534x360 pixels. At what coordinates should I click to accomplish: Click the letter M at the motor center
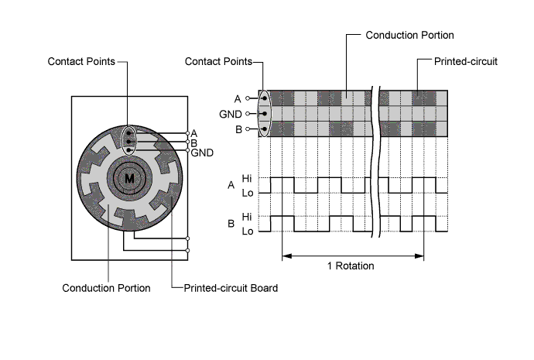pyautogui.click(x=129, y=178)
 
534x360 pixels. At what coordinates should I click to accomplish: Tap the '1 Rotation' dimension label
pyautogui.click(x=351, y=266)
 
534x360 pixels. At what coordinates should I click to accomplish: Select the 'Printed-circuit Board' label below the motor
pyautogui.click(x=231, y=288)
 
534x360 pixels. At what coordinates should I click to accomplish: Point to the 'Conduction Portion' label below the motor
pyautogui.click(x=106, y=288)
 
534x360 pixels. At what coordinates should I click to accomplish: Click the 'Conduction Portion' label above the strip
pyautogui.click(x=409, y=35)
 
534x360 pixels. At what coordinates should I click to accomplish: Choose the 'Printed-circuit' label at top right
pyautogui.click(x=466, y=61)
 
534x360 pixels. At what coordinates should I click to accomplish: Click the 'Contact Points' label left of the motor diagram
pyautogui.click(x=81, y=61)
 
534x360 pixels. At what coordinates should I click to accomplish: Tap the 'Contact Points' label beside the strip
pyautogui.click(x=219, y=61)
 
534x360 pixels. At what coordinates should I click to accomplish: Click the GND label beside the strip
pyautogui.click(x=231, y=114)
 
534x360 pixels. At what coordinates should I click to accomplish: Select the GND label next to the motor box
pyautogui.click(x=202, y=153)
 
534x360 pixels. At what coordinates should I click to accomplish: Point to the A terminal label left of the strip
pyautogui.click(x=238, y=99)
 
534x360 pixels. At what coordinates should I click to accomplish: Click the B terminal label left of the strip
pyautogui.click(x=238, y=129)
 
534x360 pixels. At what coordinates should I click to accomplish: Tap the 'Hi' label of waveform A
pyautogui.click(x=247, y=178)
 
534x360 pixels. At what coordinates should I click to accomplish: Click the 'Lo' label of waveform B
pyautogui.click(x=248, y=231)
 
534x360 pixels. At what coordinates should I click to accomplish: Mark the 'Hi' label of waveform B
pyautogui.click(x=247, y=217)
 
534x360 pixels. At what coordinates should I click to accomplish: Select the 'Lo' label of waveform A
pyautogui.click(x=248, y=193)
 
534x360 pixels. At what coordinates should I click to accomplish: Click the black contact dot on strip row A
pyautogui.click(x=265, y=98)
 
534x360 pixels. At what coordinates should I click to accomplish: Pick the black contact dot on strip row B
pyautogui.click(x=265, y=129)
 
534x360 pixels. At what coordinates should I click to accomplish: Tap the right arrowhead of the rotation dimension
pyautogui.click(x=419, y=255)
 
